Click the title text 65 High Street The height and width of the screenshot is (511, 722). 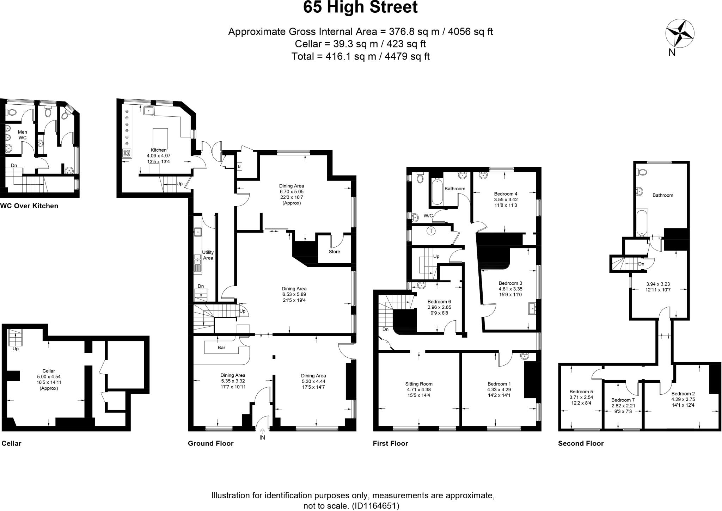(x=360, y=8)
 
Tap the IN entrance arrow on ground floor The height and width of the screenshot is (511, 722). (x=262, y=431)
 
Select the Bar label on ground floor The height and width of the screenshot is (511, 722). (x=221, y=347)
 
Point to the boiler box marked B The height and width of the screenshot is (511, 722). (x=239, y=166)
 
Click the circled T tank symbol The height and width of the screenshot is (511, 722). (x=431, y=232)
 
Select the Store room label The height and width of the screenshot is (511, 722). (x=334, y=252)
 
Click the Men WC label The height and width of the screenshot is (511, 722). (x=22, y=135)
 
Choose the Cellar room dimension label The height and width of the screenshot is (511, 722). (x=49, y=380)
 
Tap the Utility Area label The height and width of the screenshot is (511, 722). (x=208, y=255)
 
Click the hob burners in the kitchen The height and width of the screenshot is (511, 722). (x=127, y=153)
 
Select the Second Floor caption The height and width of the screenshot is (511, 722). (x=581, y=444)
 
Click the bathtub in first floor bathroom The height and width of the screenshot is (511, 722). (x=437, y=192)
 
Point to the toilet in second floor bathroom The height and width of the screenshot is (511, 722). (x=642, y=173)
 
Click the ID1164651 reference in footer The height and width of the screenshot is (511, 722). (x=375, y=506)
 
